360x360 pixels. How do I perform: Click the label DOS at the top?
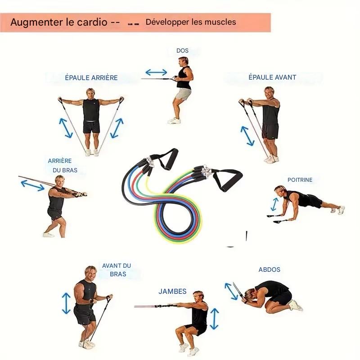click(182, 51)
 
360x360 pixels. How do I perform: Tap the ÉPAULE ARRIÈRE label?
click(91, 78)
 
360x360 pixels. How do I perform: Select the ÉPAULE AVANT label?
click(272, 77)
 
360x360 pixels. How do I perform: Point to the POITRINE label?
click(299, 180)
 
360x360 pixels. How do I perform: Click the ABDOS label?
click(270, 270)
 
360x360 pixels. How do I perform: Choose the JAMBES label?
click(172, 292)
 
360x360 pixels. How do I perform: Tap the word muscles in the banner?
click(220, 22)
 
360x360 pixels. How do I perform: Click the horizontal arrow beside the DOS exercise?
click(156, 72)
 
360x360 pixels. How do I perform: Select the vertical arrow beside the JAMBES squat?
click(215, 319)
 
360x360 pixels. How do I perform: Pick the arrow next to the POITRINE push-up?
click(274, 204)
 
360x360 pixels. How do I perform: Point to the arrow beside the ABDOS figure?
click(231, 291)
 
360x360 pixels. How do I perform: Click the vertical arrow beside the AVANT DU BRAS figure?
click(67, 303)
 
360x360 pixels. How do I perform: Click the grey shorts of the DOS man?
click(184, 94)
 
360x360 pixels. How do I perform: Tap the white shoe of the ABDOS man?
click(296, 306)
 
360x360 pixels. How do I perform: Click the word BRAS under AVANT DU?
click(118, 274)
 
